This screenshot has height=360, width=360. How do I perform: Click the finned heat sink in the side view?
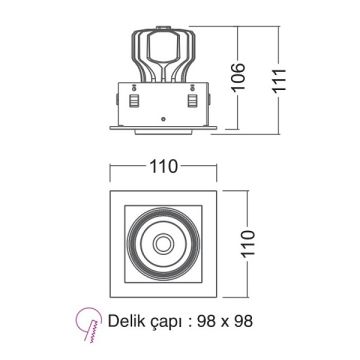coord(163,55)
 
